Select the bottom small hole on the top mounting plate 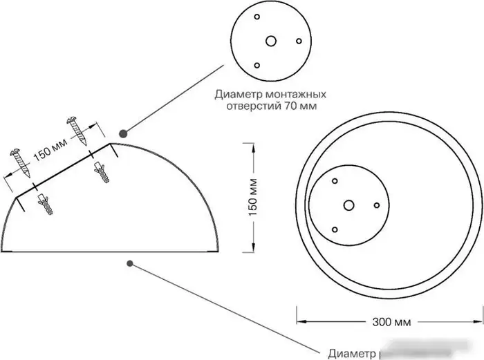(257, 65)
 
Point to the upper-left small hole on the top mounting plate (257, 17)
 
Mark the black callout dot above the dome (122, 133)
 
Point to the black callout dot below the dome (130, 263)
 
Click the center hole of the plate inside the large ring (349, 205)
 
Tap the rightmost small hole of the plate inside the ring (377, 205)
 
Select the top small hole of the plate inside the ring (335, 181)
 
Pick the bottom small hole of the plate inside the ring (335, 229)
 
